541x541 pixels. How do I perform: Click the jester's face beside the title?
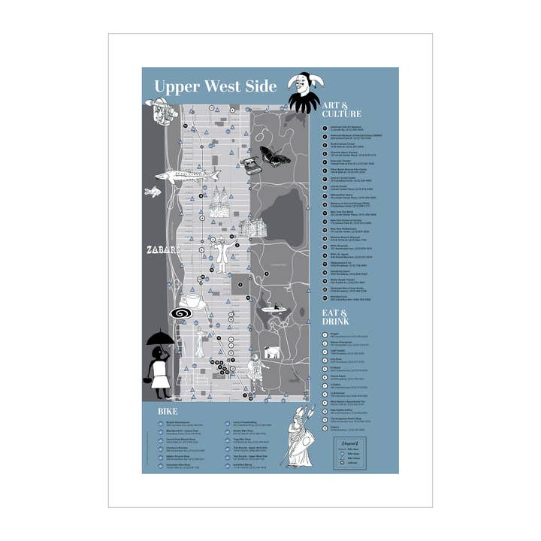(x=301, y=83)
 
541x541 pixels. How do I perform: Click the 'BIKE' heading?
(x=166, y=413)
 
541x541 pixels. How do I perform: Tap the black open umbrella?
(x=161, y=340)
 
